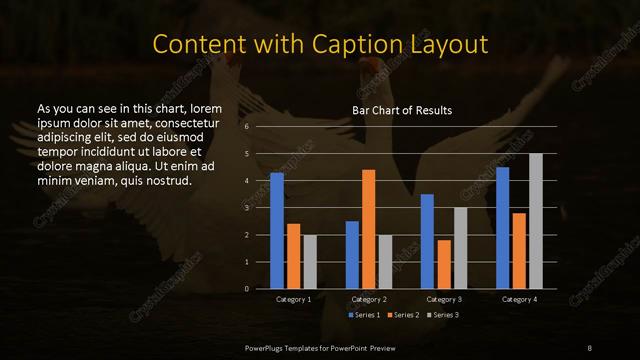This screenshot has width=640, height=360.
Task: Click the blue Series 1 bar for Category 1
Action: (277, 231)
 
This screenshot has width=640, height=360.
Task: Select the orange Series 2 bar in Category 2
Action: (369, 229)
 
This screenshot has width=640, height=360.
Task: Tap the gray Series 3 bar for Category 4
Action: (536, 221)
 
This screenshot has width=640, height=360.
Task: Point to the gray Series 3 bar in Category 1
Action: (310, 262)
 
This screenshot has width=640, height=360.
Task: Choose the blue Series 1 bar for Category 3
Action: (427, 241)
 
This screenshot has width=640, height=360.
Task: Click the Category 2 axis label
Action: (369, 299)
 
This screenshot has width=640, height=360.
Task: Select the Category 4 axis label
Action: (519, 299)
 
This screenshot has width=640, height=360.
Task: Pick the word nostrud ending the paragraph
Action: (166, 180)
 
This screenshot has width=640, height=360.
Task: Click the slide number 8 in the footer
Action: (590, 346)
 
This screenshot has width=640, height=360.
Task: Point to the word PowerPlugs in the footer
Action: (264, 346)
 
